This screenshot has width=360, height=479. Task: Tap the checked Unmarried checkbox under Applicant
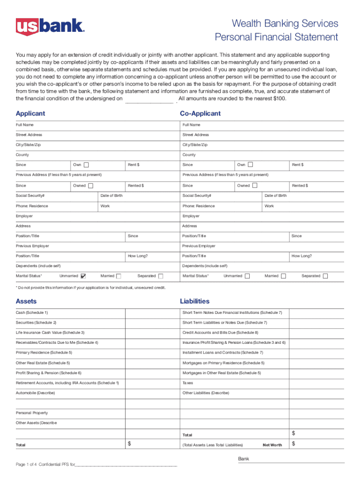tap(83, 276)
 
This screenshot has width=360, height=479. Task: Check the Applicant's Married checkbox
tap(118, 276)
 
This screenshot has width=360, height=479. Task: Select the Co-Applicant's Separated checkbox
tap(325, 276)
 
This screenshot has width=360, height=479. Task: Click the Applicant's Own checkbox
tap(86, 165)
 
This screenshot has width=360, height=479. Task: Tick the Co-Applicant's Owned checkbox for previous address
tap(254, 186)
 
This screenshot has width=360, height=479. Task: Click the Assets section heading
tap(26, 301)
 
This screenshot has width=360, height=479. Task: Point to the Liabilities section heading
tap(194, 301)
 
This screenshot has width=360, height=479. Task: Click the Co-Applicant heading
tap(200, 114)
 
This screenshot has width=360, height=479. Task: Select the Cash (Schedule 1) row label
tap(32, 312)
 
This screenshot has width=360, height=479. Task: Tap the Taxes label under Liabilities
tap(187, 383)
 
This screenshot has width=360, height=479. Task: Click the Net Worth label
tap(272, 445)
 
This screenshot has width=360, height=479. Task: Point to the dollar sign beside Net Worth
tap(294, 443)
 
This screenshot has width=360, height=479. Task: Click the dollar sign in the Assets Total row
tap(130, 443)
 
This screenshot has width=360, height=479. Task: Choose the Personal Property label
tap(32, 413)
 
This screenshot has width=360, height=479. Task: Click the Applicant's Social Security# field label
tap(30, 196)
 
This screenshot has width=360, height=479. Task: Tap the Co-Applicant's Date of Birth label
tap(275, 196)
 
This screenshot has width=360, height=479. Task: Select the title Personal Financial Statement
tap(276, 37)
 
